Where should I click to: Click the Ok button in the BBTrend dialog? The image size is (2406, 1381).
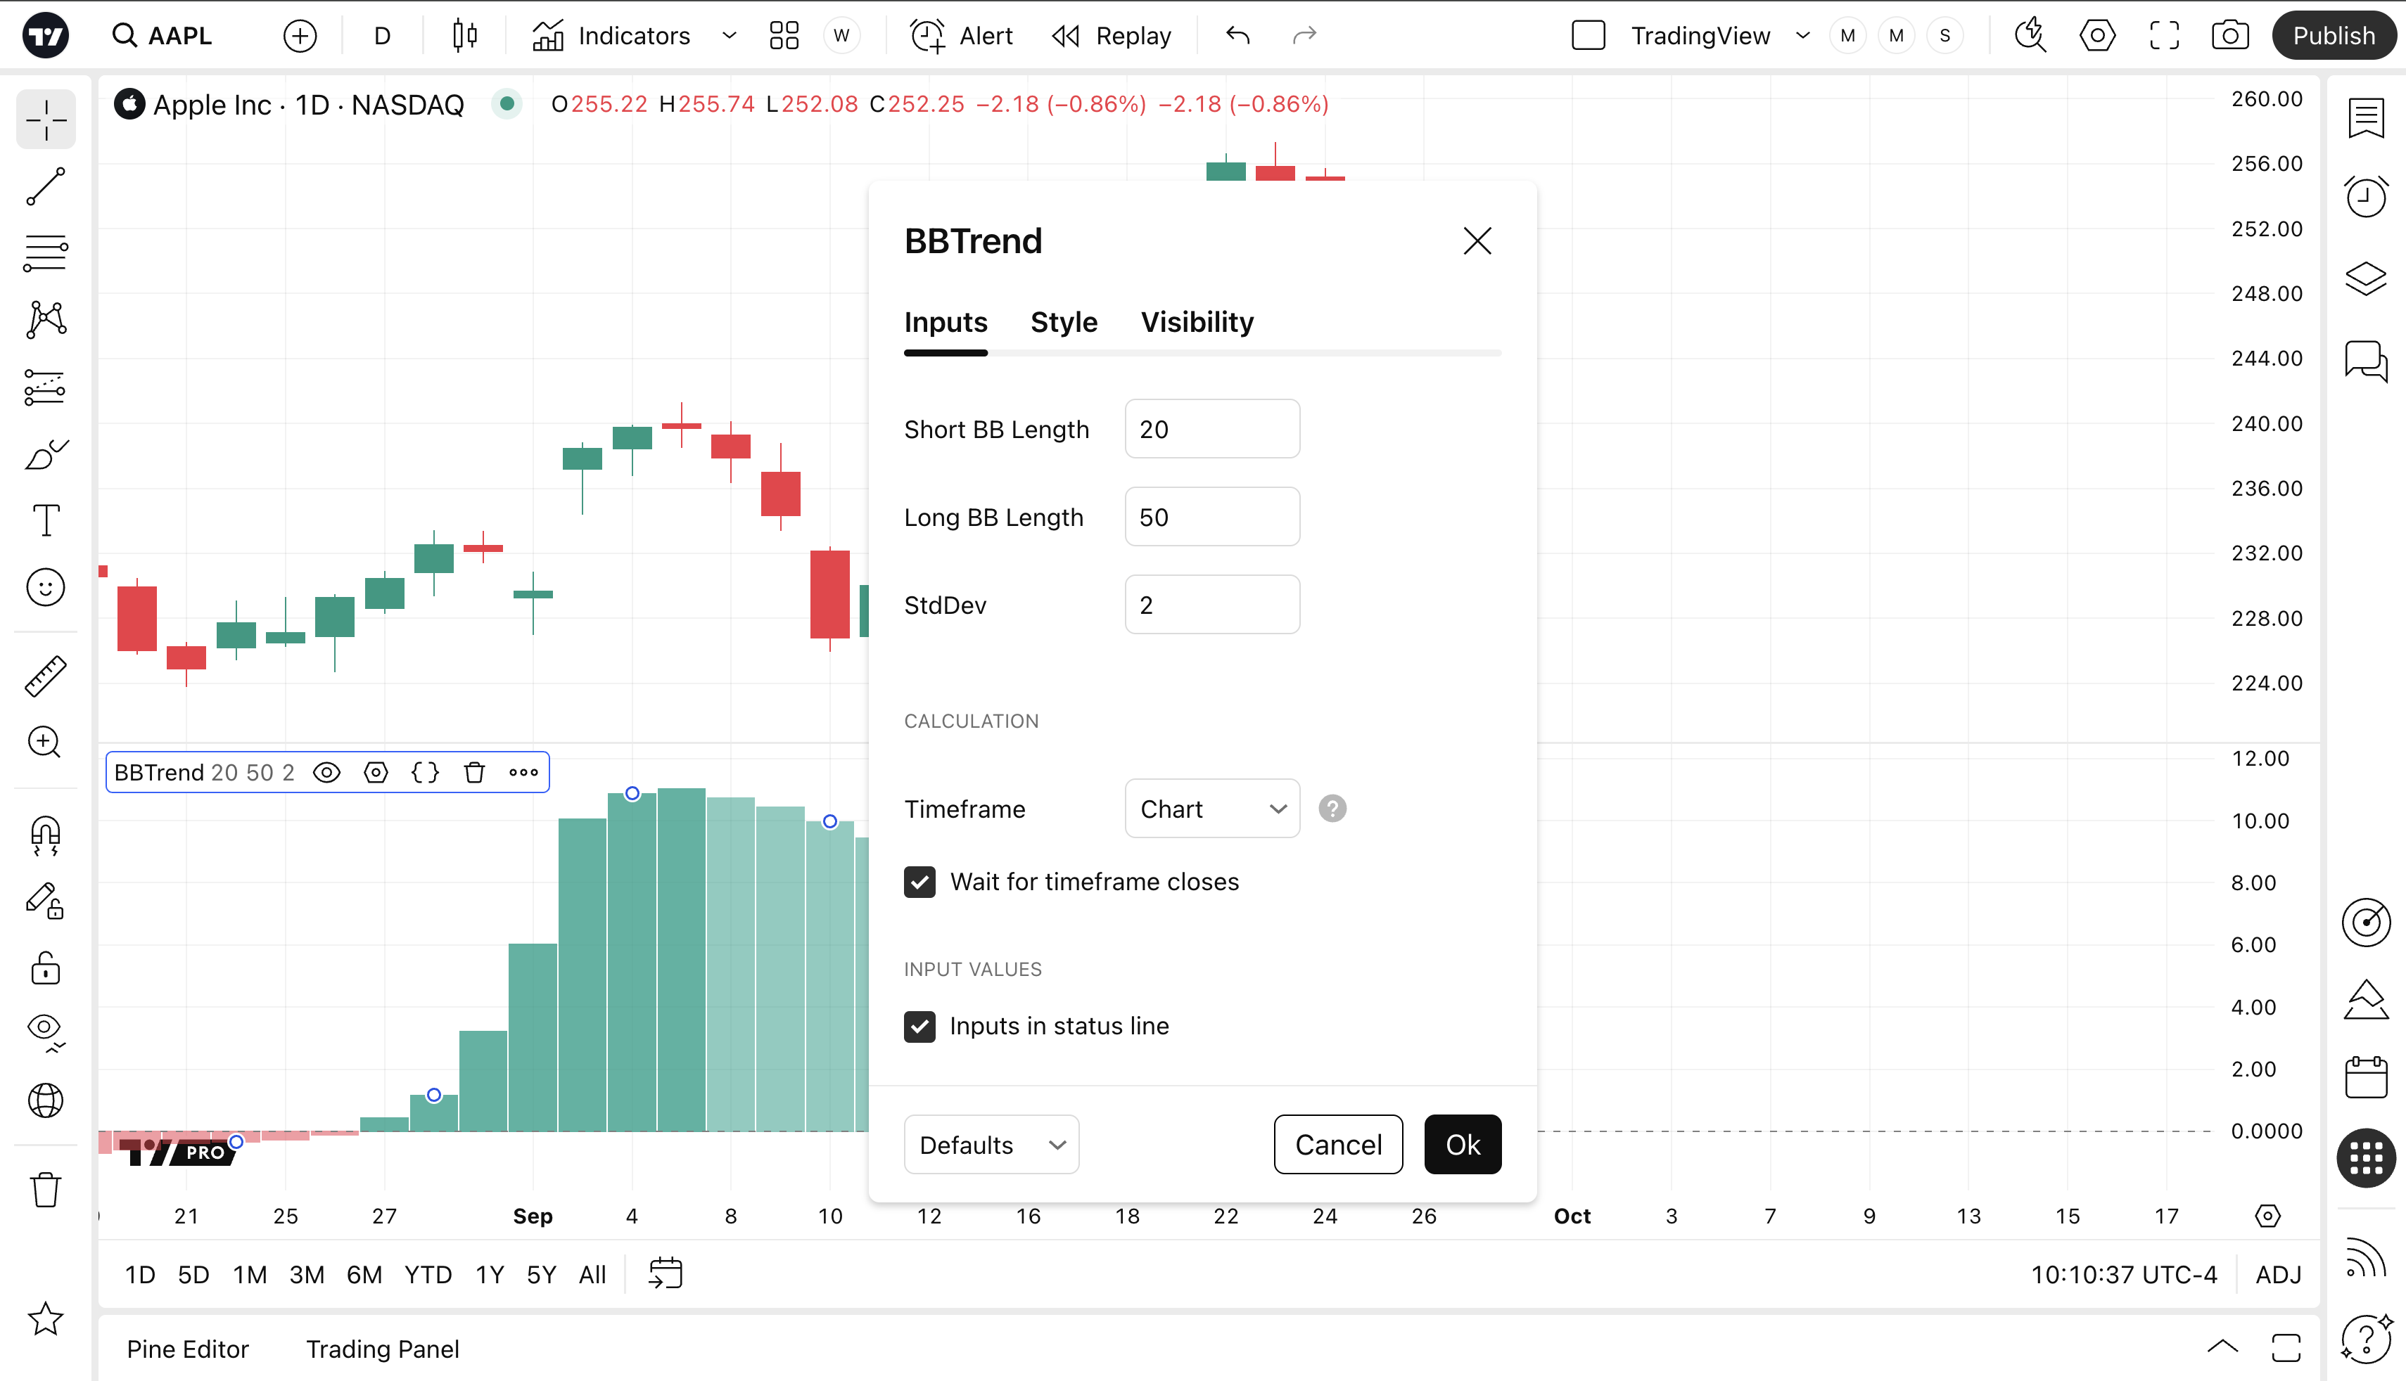1462,1144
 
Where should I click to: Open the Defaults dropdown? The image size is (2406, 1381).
991,1144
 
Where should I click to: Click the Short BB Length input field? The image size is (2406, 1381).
1211,429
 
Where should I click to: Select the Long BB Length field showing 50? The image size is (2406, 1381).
1211,517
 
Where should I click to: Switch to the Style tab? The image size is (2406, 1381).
1064,323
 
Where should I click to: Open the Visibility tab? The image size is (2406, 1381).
1197,323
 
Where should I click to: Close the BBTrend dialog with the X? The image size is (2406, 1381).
1476,241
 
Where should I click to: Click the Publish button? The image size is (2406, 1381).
2333,36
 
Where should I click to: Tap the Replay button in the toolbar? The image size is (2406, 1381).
1112,36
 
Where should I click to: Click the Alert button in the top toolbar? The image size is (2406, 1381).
962,36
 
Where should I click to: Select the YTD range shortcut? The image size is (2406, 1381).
428,1275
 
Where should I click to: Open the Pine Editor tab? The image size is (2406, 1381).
188,1349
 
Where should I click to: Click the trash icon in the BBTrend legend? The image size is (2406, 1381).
474,772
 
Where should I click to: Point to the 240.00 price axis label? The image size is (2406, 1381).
2265,423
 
